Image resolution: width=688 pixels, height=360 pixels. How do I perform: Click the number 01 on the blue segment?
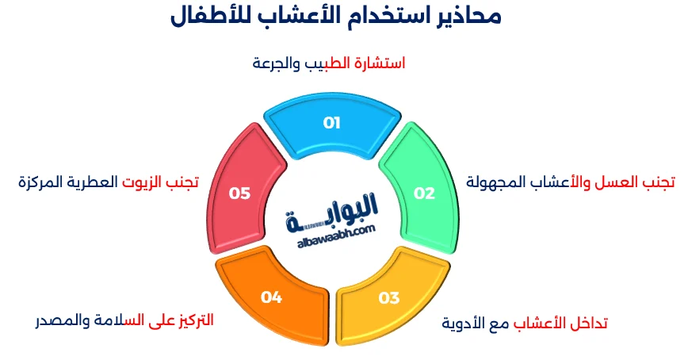coord(331,123)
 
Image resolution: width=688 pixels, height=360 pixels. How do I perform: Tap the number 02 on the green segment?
coord(425,193)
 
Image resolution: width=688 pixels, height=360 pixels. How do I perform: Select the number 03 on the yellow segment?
coord(388,298)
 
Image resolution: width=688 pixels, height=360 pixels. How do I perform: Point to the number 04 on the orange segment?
coord(271,297)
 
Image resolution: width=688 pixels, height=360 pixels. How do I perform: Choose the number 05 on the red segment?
coord(239,193)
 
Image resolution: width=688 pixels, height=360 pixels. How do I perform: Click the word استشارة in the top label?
coord(377,63)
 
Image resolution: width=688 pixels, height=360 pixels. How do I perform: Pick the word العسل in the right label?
coord(617,182)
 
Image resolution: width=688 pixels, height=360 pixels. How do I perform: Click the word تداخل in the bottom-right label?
coord(585,324)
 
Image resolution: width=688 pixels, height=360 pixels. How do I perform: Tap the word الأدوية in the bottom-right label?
coord(461,324)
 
